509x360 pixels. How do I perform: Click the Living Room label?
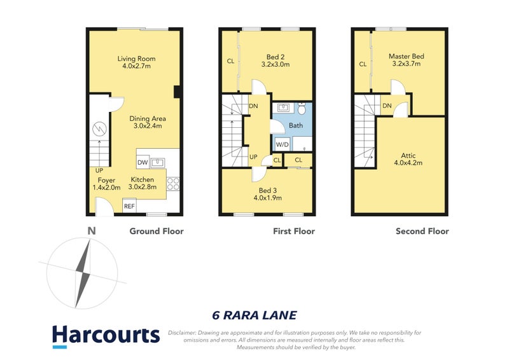[136, 59]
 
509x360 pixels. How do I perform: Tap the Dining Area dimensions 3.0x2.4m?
[147, 126]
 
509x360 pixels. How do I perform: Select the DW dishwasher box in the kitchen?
[143, 163]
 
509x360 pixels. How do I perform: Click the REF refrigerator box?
[129, 206]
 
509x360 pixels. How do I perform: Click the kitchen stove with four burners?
[173, 184]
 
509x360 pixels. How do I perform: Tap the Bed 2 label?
[275, 56]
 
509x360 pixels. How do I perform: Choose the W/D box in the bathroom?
[281, 144]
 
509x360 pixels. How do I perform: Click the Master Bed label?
[406, 56]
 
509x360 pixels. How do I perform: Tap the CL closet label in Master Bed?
[363, 64]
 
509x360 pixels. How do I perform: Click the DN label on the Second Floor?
[386, 106]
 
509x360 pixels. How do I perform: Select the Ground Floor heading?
[157, 231]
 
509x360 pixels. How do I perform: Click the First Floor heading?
[294, 231]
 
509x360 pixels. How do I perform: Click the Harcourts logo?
[106, 336]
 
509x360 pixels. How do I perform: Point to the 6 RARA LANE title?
[254, 315]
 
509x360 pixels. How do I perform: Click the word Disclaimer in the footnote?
[183, 333]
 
